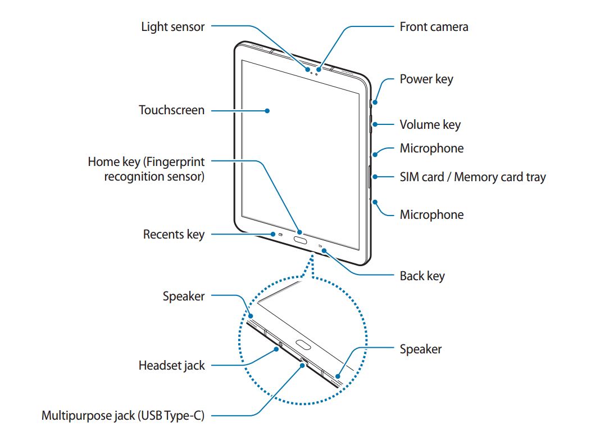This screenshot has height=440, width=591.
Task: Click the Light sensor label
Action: coord(172,26)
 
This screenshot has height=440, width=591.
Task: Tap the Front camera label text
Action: coord(434,26)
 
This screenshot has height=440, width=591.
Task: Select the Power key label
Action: coord(426,79)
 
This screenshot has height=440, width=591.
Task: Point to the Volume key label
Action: coord(430,124)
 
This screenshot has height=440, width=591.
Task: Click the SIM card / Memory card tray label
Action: coord(472,177)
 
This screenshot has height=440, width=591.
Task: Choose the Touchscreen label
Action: coord(171,110)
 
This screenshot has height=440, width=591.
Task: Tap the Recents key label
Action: coord(174,234)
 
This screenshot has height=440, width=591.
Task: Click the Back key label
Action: coord(422,276)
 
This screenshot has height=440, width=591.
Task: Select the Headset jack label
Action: coord(171,366)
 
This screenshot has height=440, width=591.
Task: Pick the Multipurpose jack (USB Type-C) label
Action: coord(122,416)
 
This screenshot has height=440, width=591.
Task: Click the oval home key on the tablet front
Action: coord(300,239)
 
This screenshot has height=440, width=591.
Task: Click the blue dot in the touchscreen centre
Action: coord(267,111)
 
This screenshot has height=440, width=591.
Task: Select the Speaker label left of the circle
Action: coord(184,297)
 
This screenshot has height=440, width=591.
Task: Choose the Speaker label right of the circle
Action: coord(420,349)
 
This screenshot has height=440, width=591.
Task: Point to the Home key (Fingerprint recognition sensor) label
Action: coord(146,169)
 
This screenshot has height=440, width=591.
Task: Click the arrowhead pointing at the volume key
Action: coord(375,125)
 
